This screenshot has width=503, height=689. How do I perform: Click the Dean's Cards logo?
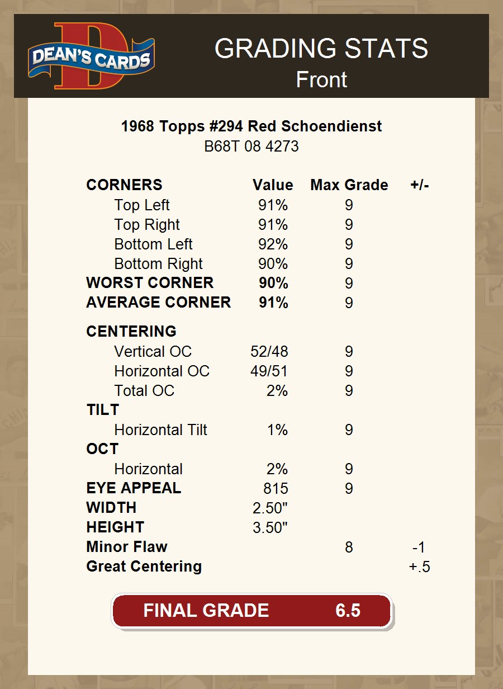[x=92, y=56]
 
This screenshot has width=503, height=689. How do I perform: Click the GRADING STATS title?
[x=321, y=49]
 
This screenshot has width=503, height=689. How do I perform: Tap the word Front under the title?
[x=321, y=79]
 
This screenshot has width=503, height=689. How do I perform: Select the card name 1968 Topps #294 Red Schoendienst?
[x=251, y=126]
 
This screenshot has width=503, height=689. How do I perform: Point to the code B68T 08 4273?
[x=251, y=147]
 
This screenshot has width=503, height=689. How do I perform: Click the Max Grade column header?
[x=349, y=185]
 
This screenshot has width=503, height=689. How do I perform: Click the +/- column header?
[x=419, y=185]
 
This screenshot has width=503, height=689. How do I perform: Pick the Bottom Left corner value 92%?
[x=273, y=244]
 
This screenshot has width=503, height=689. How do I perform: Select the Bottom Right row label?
[x=159, y=264]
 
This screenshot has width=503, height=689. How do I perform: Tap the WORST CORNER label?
[x=150, y=283]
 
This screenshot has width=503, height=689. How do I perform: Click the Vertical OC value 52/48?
[x=269, y=352]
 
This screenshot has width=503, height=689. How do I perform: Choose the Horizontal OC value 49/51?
[x=269, y=371]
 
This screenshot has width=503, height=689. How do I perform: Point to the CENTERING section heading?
[x=131, y=332]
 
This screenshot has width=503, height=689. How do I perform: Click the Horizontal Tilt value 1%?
[x=277, y=430]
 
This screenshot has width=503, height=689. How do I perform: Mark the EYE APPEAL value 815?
[x=276, y=489]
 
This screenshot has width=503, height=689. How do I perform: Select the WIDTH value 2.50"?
[x=270, y=508]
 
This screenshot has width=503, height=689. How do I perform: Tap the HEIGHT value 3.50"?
[x=270, y=528]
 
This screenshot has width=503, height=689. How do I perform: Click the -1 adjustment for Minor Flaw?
[x=419, y=548]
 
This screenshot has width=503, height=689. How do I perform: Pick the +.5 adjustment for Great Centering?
[x=419, y=567]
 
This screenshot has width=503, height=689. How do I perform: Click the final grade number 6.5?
[x=348, y=610]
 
